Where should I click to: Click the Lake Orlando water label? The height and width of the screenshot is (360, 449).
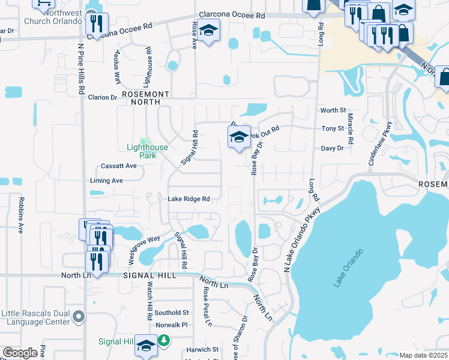click(349, 268)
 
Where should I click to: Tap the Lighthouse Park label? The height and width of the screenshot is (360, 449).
click(147, 151)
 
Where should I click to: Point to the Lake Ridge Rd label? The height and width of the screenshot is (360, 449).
click(188, 199)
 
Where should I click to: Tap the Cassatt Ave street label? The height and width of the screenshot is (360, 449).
click(119, 166)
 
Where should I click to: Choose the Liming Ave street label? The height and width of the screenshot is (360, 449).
click(106, 181)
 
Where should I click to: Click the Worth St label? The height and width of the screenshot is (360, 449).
click(333, 110)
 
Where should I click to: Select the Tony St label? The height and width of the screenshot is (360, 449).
click(333, 128)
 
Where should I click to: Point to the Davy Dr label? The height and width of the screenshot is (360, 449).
click(332, 148)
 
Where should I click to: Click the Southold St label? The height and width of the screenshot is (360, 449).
click(172, 313)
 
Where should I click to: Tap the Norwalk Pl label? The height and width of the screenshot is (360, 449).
click(172, 325)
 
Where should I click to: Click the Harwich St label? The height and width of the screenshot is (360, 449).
click(202, 349)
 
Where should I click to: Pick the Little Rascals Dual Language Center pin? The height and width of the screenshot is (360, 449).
click(78, 316)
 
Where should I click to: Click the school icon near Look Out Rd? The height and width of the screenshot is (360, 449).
click(239, 137)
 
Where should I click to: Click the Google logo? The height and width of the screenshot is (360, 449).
click(20, 353)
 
